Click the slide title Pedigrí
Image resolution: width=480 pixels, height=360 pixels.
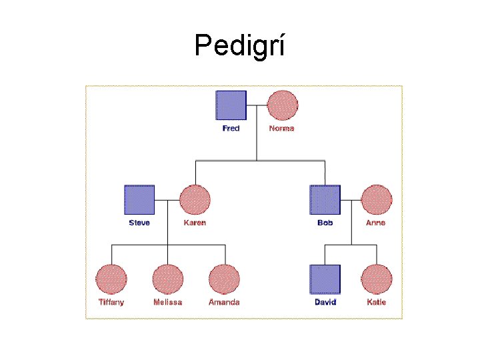point(239,45)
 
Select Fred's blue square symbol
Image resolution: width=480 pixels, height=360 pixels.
point(231,105)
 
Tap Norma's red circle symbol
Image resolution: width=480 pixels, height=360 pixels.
point(282,105)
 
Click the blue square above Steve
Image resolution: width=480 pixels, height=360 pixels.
point(140,200)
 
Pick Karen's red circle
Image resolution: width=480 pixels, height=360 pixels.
point(195,200)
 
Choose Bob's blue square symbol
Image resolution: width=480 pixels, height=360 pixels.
point(325,200)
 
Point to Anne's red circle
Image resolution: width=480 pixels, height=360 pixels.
point(376,200)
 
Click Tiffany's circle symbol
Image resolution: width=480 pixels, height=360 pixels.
point(111,279)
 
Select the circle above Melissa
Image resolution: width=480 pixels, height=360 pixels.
point(167,279)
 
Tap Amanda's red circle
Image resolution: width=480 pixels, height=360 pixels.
point(224,279)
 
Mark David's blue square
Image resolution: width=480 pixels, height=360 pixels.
point(325,279)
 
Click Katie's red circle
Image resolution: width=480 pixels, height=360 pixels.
point(377,279)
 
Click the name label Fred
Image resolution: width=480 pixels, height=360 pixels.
point(231,128)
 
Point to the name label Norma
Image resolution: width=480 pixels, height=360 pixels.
point(281,128)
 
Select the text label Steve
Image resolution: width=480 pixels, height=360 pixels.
point(139,223)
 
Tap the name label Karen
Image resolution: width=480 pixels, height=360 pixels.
point(195,223)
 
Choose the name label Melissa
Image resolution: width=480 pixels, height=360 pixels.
point(167,302)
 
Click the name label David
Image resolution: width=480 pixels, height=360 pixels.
point(325,302)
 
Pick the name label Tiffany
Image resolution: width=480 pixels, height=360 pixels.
point(111,302)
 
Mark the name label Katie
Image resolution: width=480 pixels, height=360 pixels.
point(376,302)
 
